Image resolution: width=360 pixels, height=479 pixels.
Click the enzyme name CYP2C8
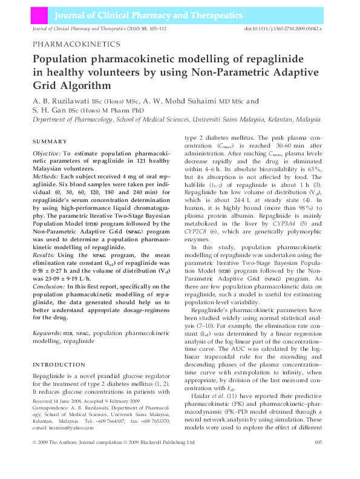(198, 231)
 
